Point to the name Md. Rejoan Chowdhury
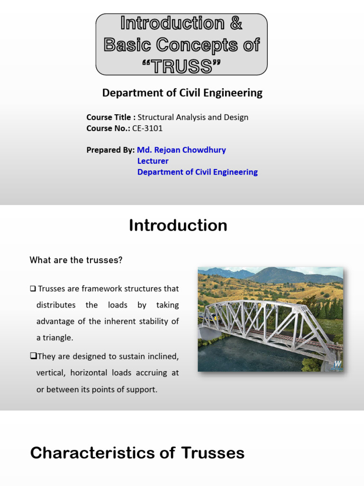point(182,150)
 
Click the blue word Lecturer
point(153,161)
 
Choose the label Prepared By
point(110,150)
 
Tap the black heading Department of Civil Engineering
point(182,93)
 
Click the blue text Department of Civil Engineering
point(197,172)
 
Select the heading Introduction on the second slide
point(178,225)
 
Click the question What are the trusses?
point(76,260)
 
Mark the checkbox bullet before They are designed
point(33,356)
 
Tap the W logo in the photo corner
point(337,364)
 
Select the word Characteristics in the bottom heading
point(90,453)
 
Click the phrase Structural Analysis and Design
point(193,117)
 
